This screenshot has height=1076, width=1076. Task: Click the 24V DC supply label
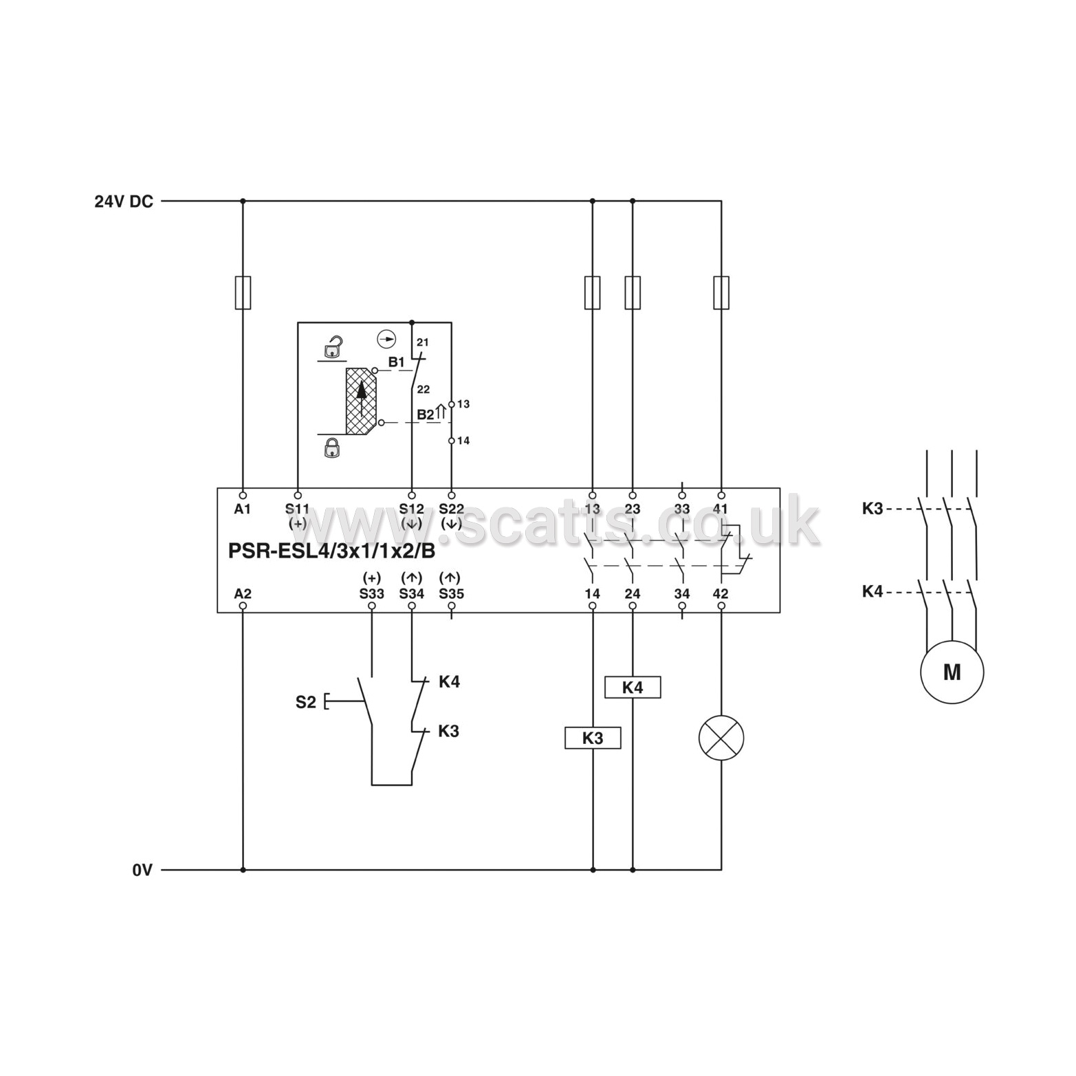click(x=124, y=201)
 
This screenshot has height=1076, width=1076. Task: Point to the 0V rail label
click(x=142, y=870)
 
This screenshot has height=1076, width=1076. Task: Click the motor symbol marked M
click(x=952, y=672)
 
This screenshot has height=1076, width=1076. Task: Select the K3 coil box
click(x=593, y=738)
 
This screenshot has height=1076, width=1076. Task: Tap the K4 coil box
click(x=633, y=687)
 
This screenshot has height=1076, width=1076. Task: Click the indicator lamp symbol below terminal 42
click(x=721, y=738)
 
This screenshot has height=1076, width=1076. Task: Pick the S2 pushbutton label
click(x=306, y=702)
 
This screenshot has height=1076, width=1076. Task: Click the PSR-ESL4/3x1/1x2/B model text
click(x=331, y=551)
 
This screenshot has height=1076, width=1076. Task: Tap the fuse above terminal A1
click(x=243, y=293)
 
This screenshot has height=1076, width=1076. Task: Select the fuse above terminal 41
click(x=721, y=293)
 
